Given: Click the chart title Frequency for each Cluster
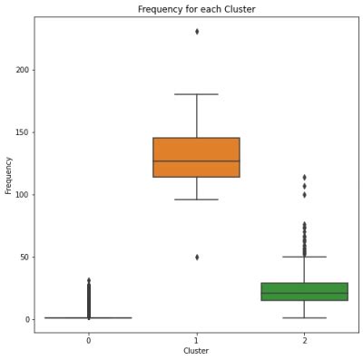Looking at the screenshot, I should click(196, 9).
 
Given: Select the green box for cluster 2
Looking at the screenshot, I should click(304, 291).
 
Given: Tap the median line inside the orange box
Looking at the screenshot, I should click(196, 161).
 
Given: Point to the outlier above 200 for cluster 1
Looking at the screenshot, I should click(197, 32).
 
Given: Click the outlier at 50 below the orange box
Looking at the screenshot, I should click(197, 257).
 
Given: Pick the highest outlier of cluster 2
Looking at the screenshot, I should click(304, 177).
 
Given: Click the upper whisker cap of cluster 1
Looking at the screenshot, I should click(196, 94).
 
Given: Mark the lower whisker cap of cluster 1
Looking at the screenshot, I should click(196, 199).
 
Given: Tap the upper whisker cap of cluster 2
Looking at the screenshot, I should click(304, 257).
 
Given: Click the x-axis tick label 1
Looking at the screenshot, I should click(197, 341).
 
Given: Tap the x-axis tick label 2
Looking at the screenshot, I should click(304, 341).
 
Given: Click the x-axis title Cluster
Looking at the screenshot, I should click(196, 352).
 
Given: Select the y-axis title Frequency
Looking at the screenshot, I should click(8, 175).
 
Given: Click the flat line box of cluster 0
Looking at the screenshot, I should click(88, 317).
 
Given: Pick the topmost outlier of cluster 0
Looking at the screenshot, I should click(89, 280).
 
